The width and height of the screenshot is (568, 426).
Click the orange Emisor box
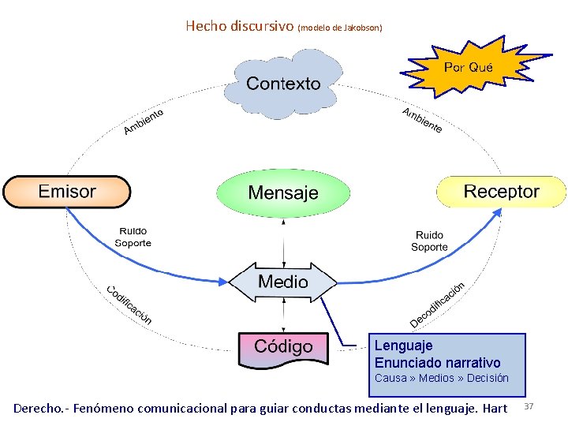point(67,192)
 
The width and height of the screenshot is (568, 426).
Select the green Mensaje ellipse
point(283,192)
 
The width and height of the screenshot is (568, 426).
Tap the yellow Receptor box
point(501,192)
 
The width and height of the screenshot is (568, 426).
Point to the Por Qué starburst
point(468,68)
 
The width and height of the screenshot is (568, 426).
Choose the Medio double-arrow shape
point(283,282)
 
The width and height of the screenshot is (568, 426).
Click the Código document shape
point(283,348)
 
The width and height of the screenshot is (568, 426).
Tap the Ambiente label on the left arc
point(143,121)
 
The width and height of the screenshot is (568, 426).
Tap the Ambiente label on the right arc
point(422,119)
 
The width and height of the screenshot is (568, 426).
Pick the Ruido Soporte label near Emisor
point(133,237)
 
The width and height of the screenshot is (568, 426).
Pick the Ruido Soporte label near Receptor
point(429,241)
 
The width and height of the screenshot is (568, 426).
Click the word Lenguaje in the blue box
point(403,346)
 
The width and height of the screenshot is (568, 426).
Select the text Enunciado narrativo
point(437,363)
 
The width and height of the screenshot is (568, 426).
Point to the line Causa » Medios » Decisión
point(441,379)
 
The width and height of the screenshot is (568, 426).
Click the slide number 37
point(529,405)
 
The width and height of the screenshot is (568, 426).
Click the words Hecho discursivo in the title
point(239,26)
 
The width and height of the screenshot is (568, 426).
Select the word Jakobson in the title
point(362,28)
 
